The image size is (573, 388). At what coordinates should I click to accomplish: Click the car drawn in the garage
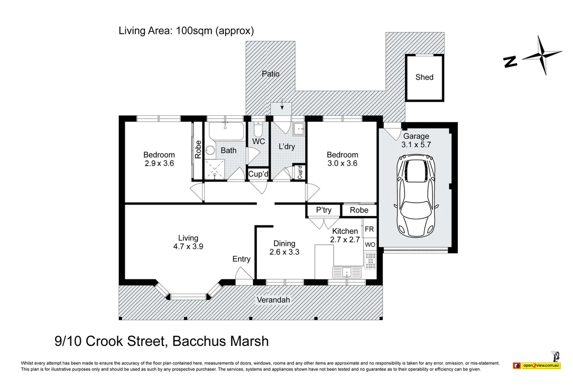coord(416,196)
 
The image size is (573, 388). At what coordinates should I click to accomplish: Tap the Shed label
coord(425,77)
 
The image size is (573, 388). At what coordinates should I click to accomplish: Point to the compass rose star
coord(542,55)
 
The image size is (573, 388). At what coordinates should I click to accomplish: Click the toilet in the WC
coord(258,130)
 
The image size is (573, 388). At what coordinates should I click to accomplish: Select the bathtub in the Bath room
coord(226,131)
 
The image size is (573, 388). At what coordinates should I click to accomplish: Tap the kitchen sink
coord(347,272)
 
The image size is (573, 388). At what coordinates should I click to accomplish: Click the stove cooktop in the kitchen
coord(370,261)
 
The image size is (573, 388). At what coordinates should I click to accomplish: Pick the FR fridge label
coord(369,229)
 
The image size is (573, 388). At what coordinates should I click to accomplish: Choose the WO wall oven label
coord(370,245)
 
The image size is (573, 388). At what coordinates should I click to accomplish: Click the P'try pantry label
coord(324,210)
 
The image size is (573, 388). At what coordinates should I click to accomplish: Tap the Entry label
coord(241,259)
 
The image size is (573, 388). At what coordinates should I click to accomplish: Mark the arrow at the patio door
coord(282,104)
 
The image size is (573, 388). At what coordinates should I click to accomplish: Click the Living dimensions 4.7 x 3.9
coord(188,247)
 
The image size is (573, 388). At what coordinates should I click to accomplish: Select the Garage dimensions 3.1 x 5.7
coord(416,145)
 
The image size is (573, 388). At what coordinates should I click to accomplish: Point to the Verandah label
coord(273,300)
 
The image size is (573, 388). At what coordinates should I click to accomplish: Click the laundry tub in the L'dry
coord(298,129)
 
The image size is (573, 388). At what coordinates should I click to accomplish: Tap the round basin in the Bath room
coord(210,150)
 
